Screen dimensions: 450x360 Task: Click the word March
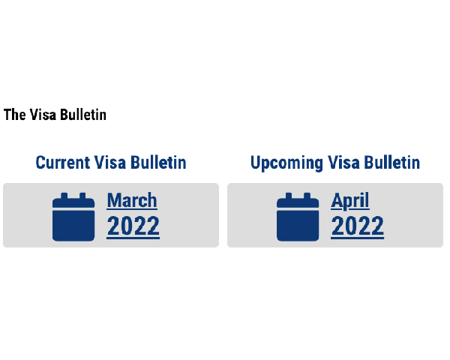(132, 200)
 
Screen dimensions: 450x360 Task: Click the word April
(350, 201)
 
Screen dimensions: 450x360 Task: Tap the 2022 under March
(133, 226)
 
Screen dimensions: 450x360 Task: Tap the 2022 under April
(358, 226)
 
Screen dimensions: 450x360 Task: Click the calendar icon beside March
(73, 217)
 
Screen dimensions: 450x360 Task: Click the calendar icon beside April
(298, 217)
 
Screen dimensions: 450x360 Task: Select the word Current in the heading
(63, 163)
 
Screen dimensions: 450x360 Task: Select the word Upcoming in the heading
(286, 163)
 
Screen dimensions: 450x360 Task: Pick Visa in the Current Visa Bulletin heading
(110, 163)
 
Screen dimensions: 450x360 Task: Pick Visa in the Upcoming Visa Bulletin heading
(343, 163)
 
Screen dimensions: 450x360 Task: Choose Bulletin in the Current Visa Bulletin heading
(158, 163)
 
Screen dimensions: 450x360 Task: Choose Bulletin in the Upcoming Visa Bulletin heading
(392, 163)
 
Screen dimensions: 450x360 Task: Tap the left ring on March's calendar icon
(64, 196)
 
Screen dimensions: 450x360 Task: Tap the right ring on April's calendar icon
(307, 196)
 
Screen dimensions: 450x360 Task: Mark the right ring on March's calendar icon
(82, 196)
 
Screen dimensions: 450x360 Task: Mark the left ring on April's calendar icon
(289, 196)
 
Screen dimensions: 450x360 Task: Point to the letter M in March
(113, 200)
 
